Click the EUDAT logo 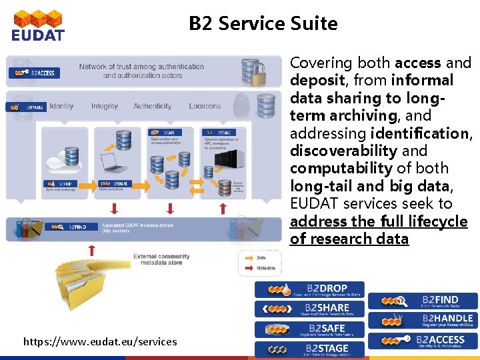pos(38,25)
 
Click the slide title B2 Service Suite pos(263,24)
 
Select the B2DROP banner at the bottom pos(310,290)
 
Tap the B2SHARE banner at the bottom pos(310,309)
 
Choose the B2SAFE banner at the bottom pos(310,329)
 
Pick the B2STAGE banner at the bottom pos(310,349)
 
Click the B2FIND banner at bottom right pos(423,301)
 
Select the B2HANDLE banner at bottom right pos(423,320)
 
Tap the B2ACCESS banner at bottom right pos(423,340)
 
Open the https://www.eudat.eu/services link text pos(100,342)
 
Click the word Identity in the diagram pos(61,106)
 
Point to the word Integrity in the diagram pos(105,106)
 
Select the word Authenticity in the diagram pos(152,106)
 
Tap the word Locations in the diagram pos(205,106)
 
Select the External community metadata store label pos(161,259)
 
